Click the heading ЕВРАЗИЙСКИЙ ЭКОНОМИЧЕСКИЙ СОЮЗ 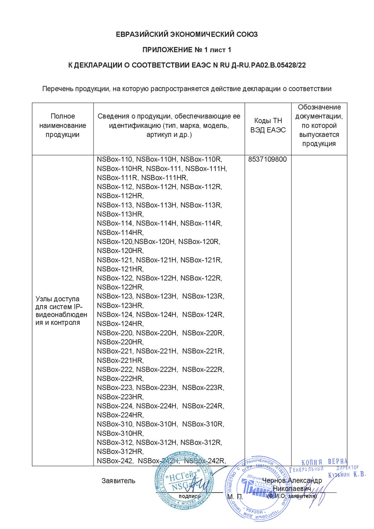point(187,34)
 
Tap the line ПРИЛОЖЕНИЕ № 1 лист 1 point(187,50)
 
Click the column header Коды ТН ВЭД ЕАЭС point(268,125)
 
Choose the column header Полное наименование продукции point(63,125)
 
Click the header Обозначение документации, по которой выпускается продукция point(319,125)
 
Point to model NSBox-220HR point(120,342)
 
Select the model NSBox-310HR point(120,433)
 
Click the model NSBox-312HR point(120,451)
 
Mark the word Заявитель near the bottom point(118,480)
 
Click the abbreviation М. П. point(234,497)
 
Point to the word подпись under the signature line point(189,496)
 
